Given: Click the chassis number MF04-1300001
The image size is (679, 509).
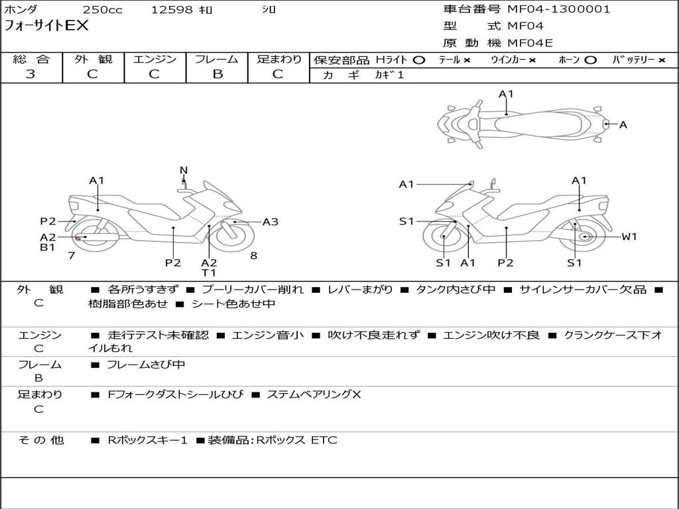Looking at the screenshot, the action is tap(558, 9).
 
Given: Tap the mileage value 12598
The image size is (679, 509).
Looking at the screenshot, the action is tap(172, 10).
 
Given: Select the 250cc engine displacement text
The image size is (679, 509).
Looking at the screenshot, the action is tap(101, 10).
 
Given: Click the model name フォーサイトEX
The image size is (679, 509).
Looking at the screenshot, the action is tap(46, 26).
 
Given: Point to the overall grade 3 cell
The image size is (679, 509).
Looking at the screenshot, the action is tap(31, 74).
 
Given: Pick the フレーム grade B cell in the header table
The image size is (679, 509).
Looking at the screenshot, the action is tap(217, 74).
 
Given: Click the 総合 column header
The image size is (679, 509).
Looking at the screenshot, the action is tap(31, 59).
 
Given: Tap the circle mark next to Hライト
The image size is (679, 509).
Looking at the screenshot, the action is tap(418, 60).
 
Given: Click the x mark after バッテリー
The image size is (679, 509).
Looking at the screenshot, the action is tap(661, 60).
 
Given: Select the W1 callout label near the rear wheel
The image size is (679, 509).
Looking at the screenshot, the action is tap(629, 237).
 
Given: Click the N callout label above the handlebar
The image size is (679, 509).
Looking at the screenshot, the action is tap(184, 170).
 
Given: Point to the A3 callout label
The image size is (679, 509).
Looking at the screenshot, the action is tap(271, 222).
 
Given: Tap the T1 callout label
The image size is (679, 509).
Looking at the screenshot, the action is tap(209, 272).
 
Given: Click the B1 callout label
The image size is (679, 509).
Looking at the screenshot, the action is tap(48, 248).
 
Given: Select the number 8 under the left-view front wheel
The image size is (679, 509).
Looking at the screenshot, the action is tap(254, 255).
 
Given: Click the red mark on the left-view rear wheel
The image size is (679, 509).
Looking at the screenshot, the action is tap(78, 238).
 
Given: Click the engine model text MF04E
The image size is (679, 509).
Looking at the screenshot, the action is tap(530, 43).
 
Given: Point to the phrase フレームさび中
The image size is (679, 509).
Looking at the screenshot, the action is tap(146, 365).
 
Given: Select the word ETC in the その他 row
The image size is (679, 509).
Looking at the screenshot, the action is tap(324, 440).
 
